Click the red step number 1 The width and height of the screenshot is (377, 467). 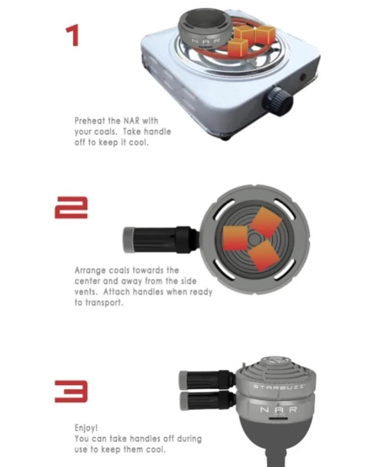coord(73,36)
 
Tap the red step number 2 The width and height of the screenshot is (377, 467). coord(71,208)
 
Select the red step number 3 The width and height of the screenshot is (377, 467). coord(71,391)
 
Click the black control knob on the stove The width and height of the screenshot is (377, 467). coord(277,101)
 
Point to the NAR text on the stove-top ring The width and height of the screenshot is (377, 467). coord(206,41)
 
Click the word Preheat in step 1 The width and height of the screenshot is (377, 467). coord(90,121)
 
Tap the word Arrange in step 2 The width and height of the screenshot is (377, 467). coord(90,271)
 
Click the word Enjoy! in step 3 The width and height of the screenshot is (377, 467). coord(86,428)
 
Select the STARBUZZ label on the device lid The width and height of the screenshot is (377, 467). coord(279,387)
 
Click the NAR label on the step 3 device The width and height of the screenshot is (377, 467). coord(279,410)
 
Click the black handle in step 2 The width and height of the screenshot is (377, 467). coord(160,240)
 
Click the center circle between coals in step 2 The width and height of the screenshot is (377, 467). coord(254,239)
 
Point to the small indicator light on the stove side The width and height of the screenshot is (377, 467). coord(303,77)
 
